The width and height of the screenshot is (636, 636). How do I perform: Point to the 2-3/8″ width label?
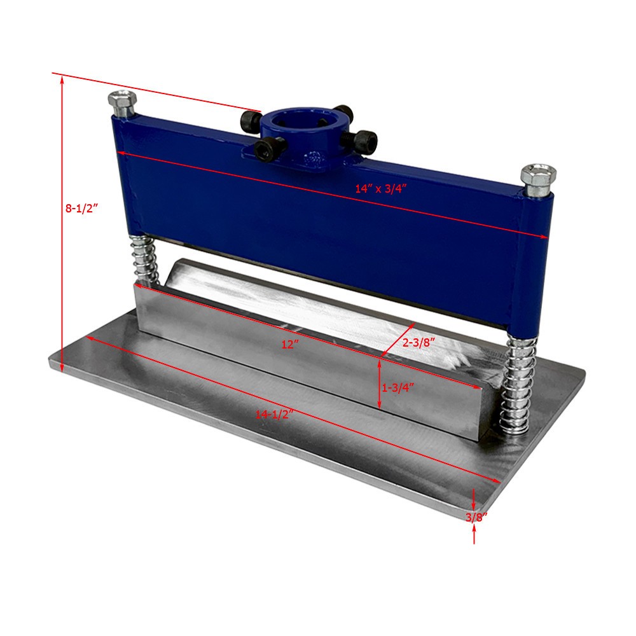tap(419, 342)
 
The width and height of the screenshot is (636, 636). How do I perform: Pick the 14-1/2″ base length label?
tap(273, 414)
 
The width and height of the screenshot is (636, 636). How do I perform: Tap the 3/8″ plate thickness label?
tap(476, 517)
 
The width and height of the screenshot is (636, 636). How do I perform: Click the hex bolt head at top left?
tap(121, 102)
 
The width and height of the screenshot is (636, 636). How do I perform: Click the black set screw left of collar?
tap(251, 118)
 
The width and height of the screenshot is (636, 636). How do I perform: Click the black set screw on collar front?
tap(263, 148)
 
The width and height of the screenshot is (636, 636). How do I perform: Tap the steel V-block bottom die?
tap(305, 343)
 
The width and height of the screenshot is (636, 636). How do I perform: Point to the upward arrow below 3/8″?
tap(475, 536)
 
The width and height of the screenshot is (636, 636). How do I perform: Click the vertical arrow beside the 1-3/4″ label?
tap(380, 384)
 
